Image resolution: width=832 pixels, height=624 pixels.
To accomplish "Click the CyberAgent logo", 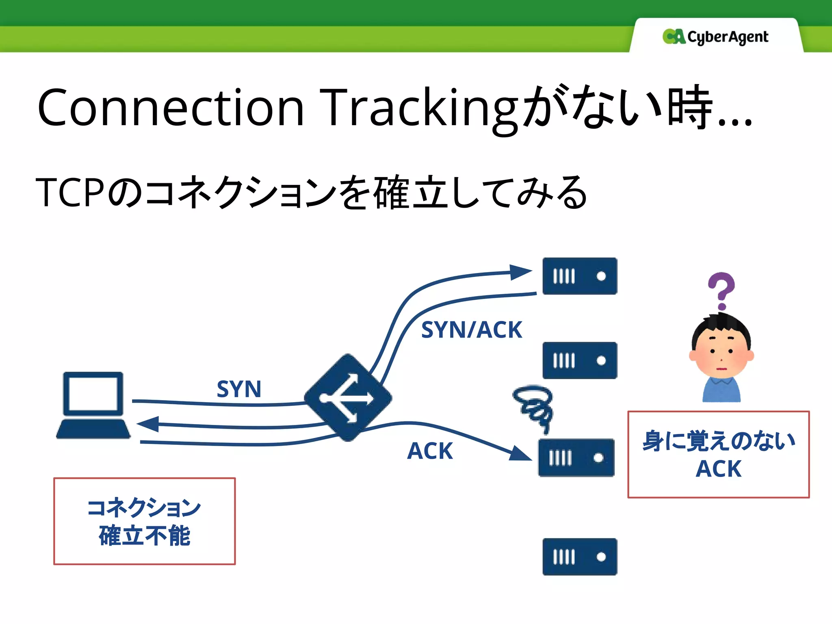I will (715, 37).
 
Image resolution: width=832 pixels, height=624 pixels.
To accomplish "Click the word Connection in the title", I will (171, 108).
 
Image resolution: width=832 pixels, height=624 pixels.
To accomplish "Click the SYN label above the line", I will (239, 389).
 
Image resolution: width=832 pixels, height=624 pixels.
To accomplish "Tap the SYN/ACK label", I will (471, 329).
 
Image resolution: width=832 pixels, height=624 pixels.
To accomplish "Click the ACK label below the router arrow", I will (430, 451).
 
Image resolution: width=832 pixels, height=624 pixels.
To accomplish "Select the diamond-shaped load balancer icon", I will (348, 398).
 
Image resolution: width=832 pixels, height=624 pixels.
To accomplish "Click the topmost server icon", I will (580, 276).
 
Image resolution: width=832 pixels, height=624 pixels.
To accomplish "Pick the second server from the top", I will (580, 360).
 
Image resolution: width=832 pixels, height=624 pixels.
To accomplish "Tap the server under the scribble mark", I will (576, 458).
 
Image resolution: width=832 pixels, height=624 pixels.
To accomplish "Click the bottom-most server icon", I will (580, 557).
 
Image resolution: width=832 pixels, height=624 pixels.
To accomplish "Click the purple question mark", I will (721, 290).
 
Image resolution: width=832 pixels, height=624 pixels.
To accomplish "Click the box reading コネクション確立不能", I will (145, 521).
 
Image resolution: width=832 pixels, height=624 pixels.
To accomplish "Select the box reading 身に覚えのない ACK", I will (718, 454).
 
